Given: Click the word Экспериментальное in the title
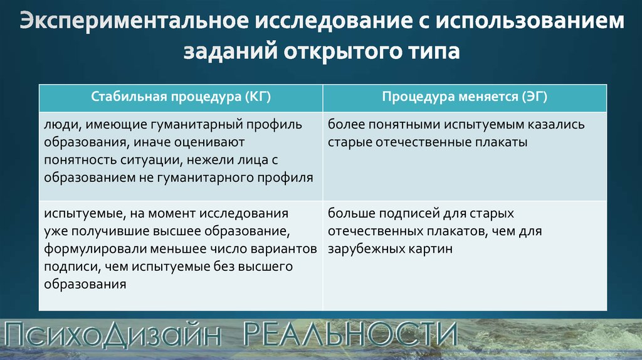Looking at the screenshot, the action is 134,22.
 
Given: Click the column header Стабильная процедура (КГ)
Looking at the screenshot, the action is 181,97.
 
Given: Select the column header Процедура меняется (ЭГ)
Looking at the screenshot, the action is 465,97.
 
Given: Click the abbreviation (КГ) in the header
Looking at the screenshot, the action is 258,97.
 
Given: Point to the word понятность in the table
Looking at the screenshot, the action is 80,160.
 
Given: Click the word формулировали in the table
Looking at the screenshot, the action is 95,249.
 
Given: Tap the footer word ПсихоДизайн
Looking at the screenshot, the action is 112,335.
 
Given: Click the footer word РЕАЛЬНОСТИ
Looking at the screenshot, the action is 350,334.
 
